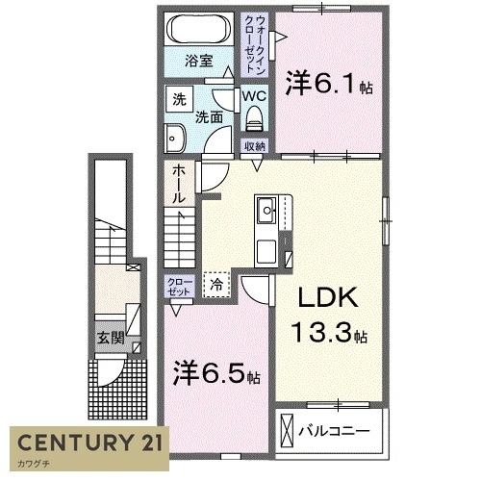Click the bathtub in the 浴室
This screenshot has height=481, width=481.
click(197, 30)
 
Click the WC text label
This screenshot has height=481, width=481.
click(253, 96)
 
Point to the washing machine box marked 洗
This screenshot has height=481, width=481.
click(179, 98)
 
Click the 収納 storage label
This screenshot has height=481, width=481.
click(254, 146)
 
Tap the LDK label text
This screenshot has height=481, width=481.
click(327, 298)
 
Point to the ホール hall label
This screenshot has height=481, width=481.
click(180, 183)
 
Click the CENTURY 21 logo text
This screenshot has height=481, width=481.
click(89, 443)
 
